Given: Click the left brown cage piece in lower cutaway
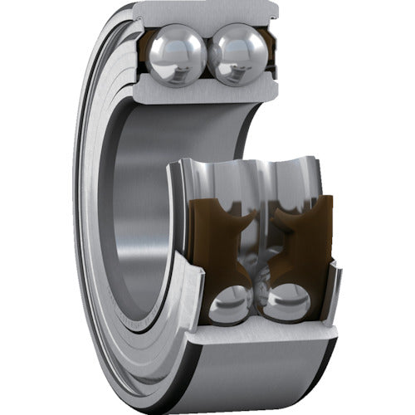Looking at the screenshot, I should (218, 240).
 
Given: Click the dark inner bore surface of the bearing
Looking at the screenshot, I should (133, 207).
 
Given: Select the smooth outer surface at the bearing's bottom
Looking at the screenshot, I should (249, 373).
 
